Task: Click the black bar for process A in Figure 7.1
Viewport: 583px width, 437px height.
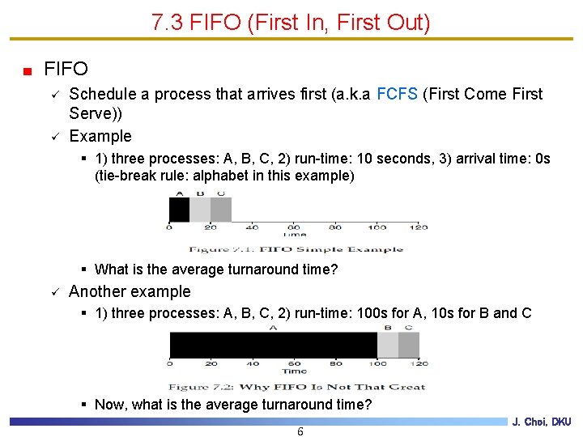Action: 179,210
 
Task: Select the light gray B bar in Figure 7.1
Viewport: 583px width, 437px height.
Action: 200,210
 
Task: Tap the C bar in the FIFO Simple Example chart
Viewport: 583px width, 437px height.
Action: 221,210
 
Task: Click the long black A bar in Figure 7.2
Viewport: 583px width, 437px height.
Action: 273,345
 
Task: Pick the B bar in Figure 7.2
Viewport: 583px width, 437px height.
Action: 388,345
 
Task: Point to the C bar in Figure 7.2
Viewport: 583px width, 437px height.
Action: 409,345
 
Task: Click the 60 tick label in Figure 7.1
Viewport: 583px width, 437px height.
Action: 294,227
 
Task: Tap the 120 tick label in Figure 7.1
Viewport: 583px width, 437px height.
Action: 419,227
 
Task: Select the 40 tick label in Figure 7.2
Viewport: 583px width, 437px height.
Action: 253,364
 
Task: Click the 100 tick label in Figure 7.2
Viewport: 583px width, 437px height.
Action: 377,364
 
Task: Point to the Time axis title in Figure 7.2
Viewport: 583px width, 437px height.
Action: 294,371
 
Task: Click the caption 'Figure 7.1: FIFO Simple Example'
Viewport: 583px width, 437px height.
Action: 296,249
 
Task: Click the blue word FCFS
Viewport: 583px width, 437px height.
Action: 398,94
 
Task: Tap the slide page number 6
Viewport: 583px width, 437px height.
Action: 300,431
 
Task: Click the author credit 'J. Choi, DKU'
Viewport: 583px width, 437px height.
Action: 542,422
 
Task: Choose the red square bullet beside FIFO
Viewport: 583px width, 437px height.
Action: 28,70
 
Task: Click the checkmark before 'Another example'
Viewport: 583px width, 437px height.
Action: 53,292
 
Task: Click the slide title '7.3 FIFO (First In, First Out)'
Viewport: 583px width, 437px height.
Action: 291,23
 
